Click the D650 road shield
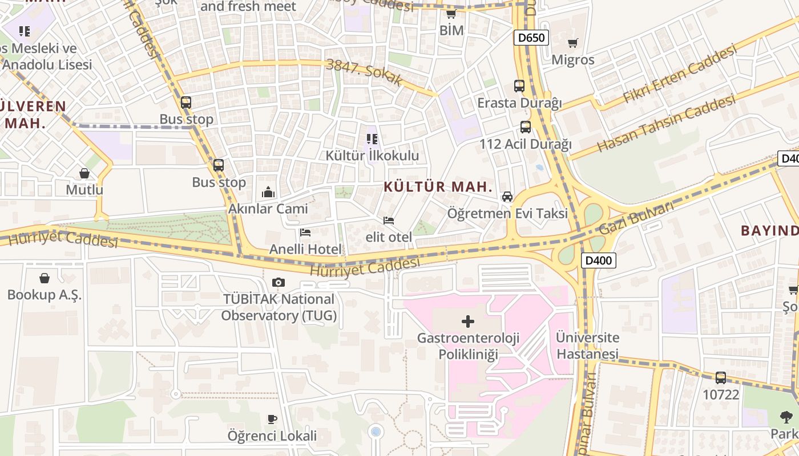pos(531,38)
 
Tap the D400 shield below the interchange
pos(599,261)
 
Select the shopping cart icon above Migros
pos(573,43)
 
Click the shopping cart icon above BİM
pos(451,14)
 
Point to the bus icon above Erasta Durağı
pos(519,86)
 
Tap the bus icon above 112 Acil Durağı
pos(526,127)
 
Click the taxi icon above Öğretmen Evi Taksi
pos(507,197)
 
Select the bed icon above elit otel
pos(389,220)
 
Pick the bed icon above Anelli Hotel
pos(305,233)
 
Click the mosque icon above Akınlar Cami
pos(268,192)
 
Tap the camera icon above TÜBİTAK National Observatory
pos(279,282)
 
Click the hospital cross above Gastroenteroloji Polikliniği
pos(468,321)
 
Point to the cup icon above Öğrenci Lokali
pos(272,420)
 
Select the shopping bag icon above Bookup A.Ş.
pos(45,278)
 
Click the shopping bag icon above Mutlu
pos(84,173)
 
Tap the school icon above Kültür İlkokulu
pos(372,139)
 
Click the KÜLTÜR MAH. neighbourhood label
pos(438,186)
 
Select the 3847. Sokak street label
pos(365,72)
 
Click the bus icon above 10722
pos(721,378)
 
